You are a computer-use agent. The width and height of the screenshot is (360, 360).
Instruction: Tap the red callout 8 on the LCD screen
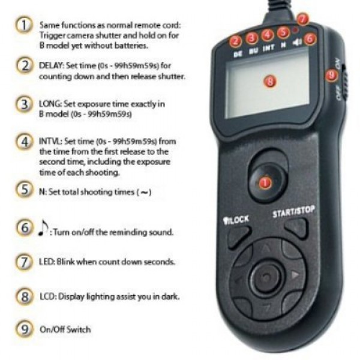[x=270, y=80]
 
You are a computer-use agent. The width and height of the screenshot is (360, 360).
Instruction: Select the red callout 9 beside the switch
[x=329, y=75]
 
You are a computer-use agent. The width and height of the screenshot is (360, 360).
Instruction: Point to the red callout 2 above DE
[x=236, y=41]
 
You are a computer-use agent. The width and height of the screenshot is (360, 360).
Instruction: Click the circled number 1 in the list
[x=24, y=26]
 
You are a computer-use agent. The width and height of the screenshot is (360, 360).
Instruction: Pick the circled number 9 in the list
[x=24, y=329]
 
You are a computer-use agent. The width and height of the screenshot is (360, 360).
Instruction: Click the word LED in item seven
[x=46, y=262]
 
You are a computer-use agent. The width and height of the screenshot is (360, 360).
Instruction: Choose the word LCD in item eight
[x=46, y=296]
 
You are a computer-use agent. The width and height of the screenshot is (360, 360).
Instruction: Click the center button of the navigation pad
[x=265, y=278]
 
